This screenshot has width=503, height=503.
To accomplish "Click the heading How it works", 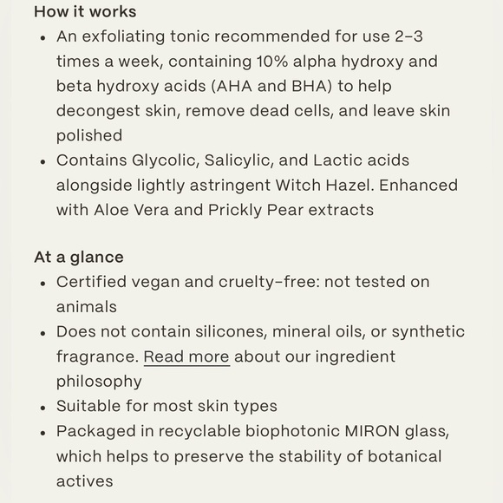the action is click(x=85, y=12).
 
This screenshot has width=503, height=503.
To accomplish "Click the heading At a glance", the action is click(x=79, y=258).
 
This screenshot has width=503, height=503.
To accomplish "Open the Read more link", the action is click(x=186, y=356).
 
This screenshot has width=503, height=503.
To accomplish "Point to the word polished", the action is click(x=89, y=135).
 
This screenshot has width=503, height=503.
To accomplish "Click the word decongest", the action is click(x=96, y=111).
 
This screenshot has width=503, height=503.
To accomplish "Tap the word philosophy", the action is click(x=99, y=382).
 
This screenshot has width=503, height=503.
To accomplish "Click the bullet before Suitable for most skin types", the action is click(x=43, y=407).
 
